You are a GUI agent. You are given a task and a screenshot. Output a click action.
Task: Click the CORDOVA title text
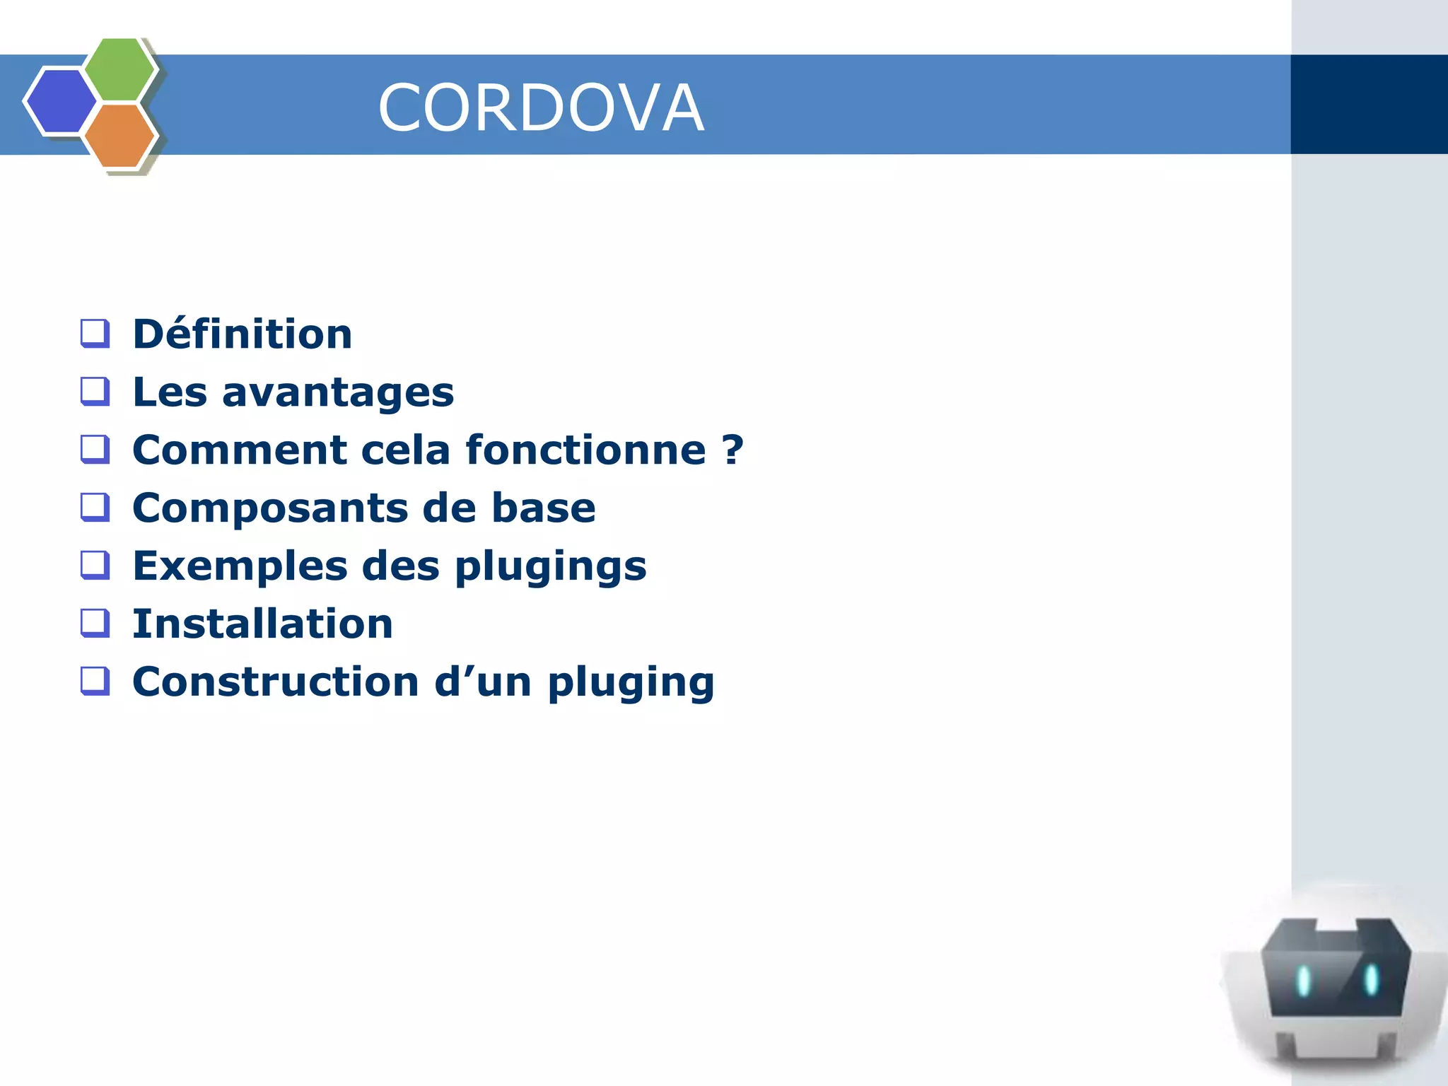[x=541, y=107]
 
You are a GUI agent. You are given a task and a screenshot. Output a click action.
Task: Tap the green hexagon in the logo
[x=120, y=69]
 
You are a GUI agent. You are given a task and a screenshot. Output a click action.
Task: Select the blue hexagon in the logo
[x=62, y=101]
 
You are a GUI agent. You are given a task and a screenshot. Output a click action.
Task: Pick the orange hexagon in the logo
[x=120, y=136]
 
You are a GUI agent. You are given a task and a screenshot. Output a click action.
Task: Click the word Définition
[x=243, y=334]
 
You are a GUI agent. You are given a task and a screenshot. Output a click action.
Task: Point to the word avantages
[x=338, y=392]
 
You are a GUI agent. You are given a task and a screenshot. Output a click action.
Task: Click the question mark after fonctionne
[x=733, y=450]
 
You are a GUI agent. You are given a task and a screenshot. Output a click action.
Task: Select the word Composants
[x=270, y=508]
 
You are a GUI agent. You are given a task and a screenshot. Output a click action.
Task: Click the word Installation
[x=262, y=624]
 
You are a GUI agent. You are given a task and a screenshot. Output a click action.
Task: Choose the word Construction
[x=276, y=682]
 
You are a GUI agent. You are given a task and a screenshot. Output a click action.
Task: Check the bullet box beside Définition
[x=95, y=333]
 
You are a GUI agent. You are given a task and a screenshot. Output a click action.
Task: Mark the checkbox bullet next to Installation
[x=95, y=623]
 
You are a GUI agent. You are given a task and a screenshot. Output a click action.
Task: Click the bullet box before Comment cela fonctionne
[x=95, y=449]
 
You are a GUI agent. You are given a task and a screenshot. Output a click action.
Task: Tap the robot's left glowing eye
[x=1303, y=981]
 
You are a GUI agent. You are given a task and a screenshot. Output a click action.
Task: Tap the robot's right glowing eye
[x=1371, y=979]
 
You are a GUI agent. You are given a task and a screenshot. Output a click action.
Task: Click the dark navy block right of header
[x=1369, y=104]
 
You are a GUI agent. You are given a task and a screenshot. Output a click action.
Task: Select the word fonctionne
[x=585, y=450]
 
